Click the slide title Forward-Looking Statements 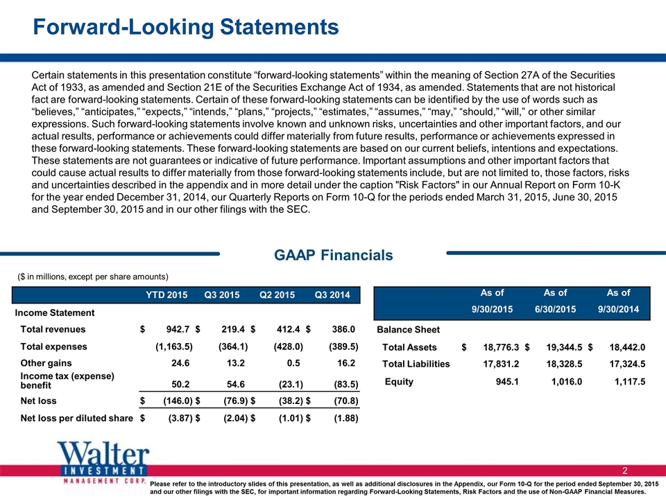[x=186, y=27]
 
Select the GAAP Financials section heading [x=334, y=255]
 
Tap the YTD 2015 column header [x=166, y=295]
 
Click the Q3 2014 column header [x=332, y=295]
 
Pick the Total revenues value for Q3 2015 [x=233, y=329]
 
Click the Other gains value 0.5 [x=293, y=363]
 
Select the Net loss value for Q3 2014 [x=345, y=401]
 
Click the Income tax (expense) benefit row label [x=67, y=380]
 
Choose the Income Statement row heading [x=55, y=313]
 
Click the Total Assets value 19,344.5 [x=564, y=347]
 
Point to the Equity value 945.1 [x=507, y=381]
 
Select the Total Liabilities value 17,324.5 [x=627, y=364]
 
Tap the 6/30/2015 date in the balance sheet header [x=555, y=309]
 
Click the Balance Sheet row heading [x=408, y=330]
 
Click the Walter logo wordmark [x=103, y=453]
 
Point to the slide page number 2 [x=625, y=471]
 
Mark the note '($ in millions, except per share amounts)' [x=93, y=277]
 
